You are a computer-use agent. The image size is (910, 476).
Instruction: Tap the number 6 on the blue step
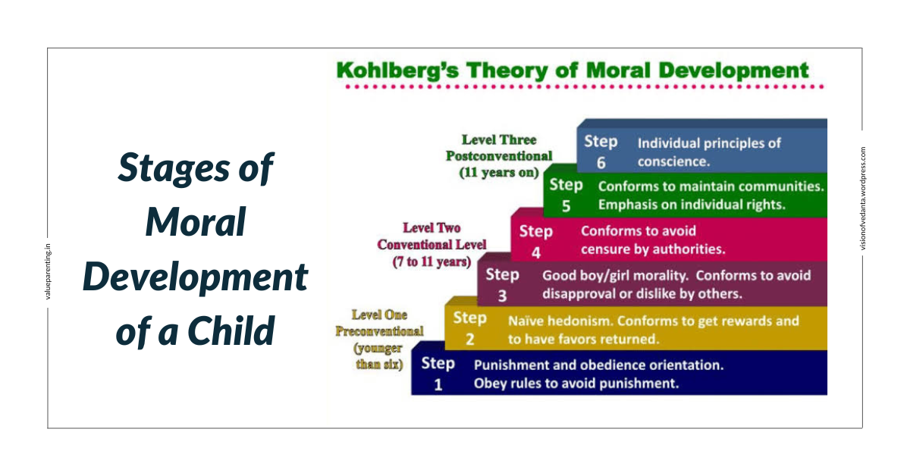601,162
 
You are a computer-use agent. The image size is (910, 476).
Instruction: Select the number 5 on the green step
566,205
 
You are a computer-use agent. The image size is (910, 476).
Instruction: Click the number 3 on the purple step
502,296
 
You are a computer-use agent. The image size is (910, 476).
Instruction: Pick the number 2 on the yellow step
469,340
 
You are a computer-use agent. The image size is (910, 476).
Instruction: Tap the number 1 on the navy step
438,384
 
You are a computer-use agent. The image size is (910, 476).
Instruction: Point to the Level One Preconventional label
379,323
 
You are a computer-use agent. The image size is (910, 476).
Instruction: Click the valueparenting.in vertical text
48,271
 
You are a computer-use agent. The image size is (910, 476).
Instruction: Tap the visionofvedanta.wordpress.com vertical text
862,199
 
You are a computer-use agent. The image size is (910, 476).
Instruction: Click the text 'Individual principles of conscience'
709,152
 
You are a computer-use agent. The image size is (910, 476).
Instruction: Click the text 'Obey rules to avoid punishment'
576,384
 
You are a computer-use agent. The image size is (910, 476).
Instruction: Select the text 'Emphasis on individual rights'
691,205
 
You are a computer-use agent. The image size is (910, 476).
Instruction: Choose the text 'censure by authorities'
653,249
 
